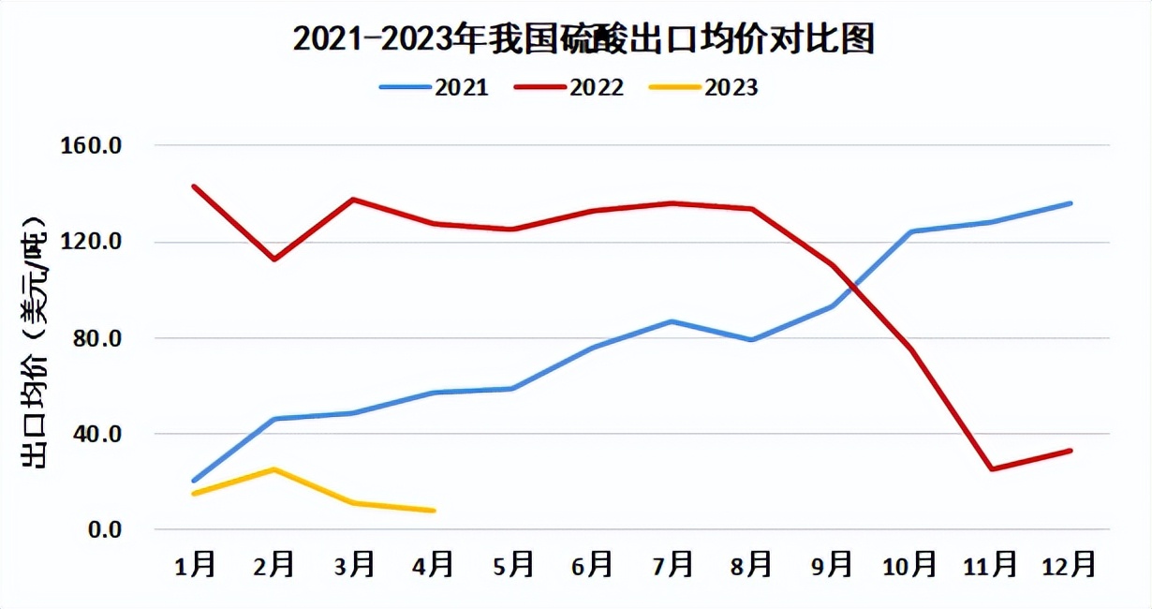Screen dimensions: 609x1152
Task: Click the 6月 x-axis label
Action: tap(593, 564)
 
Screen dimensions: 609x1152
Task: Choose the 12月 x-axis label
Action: tap(1070, 564)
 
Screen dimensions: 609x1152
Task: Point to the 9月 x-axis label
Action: tap(832, 564)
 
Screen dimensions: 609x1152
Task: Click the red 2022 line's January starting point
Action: tap(194, 186)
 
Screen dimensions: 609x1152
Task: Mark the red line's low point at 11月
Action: tap(991, 469)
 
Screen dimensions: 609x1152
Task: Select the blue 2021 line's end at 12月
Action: tap(1071, 203)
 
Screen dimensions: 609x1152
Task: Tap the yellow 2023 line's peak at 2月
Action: tap(273, 469)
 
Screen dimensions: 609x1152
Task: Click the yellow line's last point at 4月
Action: tap(434, 511)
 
